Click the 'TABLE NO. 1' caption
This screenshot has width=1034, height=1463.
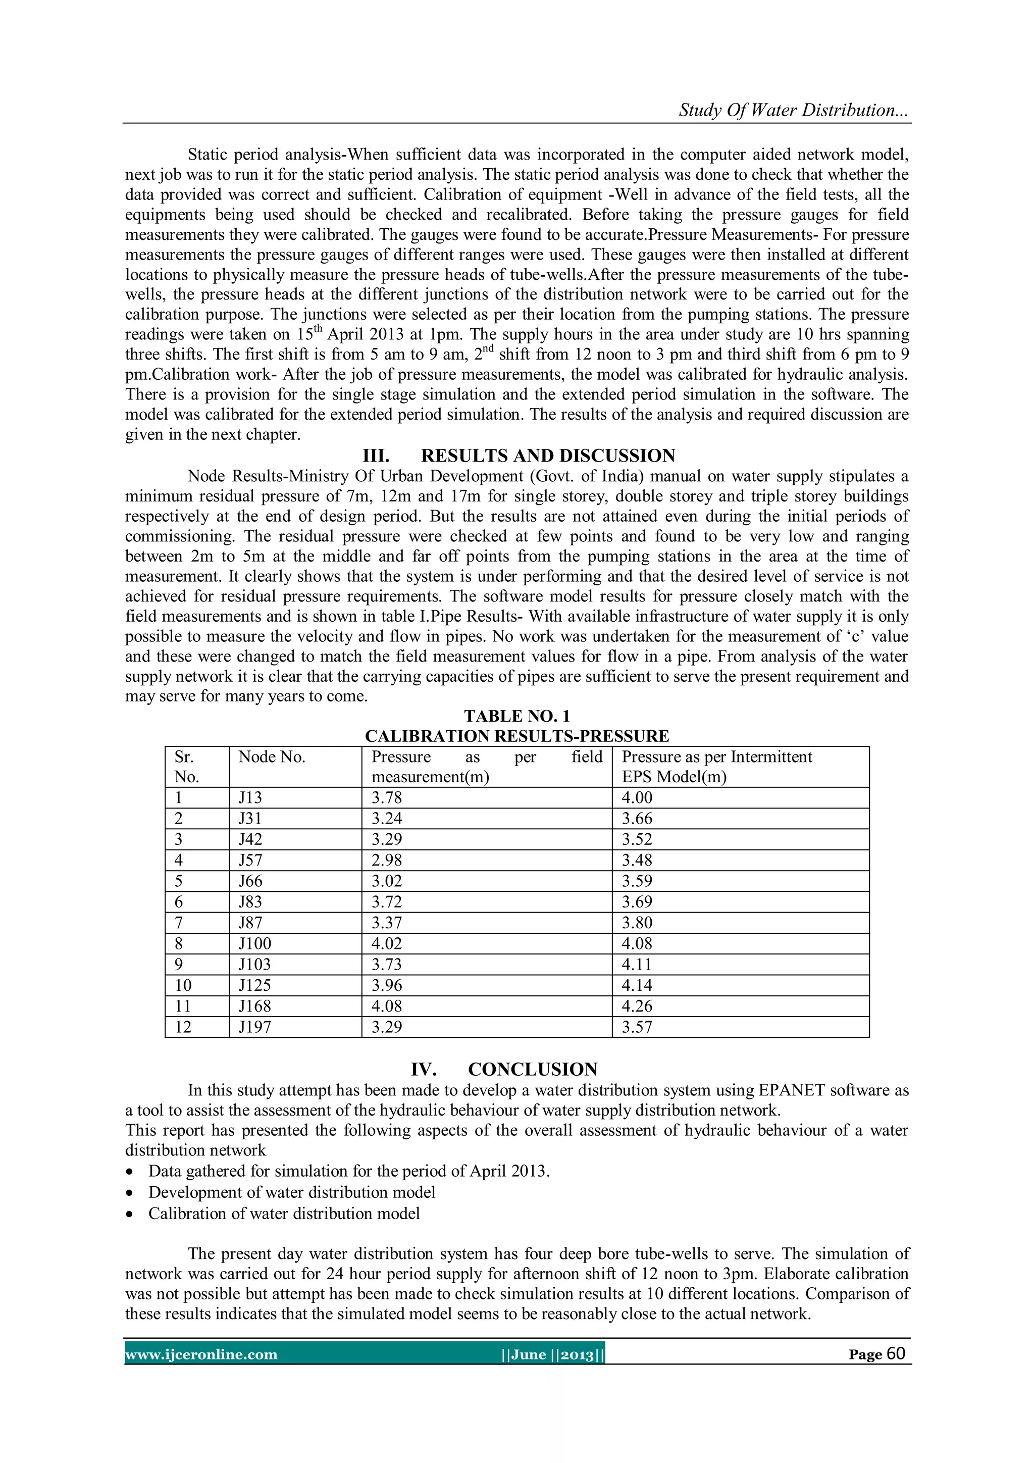click(x=516, y=716)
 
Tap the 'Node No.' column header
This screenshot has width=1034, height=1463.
click(x=272, y=757)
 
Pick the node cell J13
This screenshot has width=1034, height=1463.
click(x=250, y=798)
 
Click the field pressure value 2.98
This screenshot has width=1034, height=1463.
click(x=387, y=860)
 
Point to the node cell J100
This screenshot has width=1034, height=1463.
click(x=254, y=944)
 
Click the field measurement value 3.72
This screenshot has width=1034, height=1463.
click(x=387, y=901)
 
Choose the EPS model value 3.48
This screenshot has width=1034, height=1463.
click(x=637, y=860)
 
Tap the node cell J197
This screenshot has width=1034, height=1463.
click(x=254, y=1027)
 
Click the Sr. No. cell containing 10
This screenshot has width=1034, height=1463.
click(x=183, y=986)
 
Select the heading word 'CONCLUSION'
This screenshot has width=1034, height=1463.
click(x=533, y=1069)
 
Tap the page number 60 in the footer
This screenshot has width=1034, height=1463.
click(x=895, y=1353)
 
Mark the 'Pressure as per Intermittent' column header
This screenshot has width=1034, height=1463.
click(x=717, y=757)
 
